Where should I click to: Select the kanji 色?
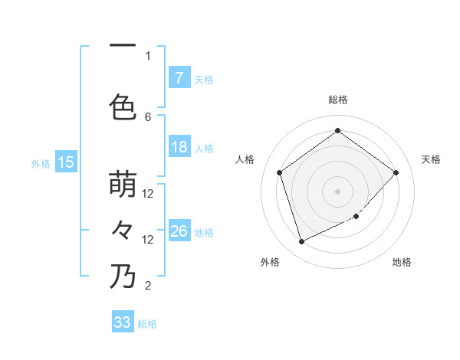coord(123,106)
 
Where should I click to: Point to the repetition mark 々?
coord(123,230)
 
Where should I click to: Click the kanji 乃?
coord(123,277)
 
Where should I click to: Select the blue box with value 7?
coord(179,77)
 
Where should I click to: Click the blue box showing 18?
coord(179,147)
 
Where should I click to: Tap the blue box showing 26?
coord(179,231)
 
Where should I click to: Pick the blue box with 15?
coord(65,162)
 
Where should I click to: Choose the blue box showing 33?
coord(123,322)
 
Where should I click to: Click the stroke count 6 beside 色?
coord(148,116)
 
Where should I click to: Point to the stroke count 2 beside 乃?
coord(148,286)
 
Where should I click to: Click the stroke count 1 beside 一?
coord(148,56)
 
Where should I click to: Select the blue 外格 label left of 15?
coord(41,162)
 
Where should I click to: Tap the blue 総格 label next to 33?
coord(147,323)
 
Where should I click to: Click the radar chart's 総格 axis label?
coord(337,100)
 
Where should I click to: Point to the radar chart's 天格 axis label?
coord(431,159)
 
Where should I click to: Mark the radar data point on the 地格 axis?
coord(356,217)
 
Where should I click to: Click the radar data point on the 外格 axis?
coord(301,242)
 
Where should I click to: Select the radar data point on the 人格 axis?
coord(279,172)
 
